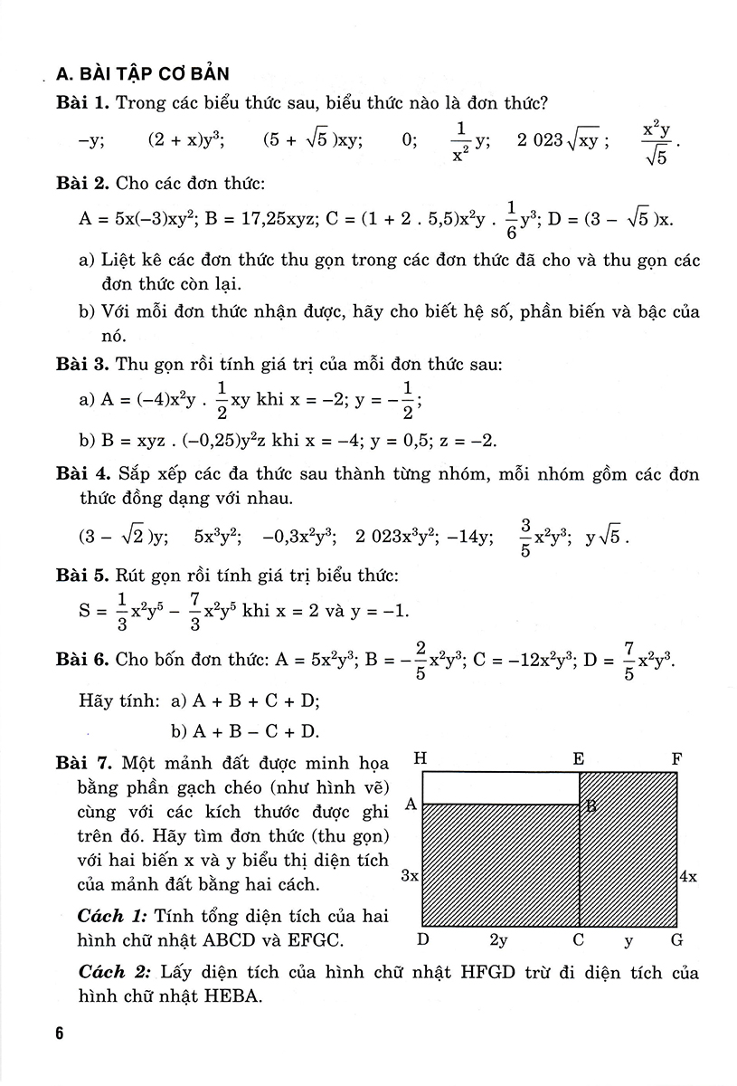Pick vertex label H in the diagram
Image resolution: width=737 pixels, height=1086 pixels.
pyautogui.click(x=420, y=758)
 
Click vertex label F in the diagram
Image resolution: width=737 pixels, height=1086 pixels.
pyautogui.click(x=676, y=758)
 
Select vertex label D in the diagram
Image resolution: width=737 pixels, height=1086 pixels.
pyautogui.click(x=422, y=940)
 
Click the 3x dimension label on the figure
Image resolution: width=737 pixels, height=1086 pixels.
pyautogui.click(x=408, y=876)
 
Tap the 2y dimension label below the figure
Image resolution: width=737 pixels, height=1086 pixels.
pyautogui.click(x=498, y=940)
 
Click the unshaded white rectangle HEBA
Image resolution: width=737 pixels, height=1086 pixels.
pyautogui.click(x=500, y=788)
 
